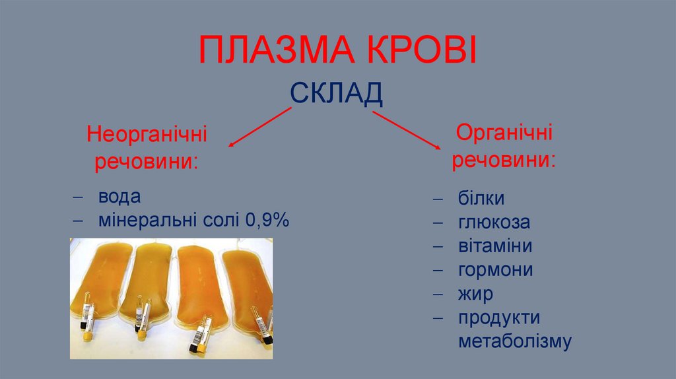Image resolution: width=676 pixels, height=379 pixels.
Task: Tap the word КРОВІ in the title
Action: (x=422, y=52)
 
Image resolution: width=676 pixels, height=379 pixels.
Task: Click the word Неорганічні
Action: (x=147, y=135)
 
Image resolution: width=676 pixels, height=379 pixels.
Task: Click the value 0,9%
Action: (x=267, y=220)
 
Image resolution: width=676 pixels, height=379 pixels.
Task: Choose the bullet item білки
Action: (x=481, y=199)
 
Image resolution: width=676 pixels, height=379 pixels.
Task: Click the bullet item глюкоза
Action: (x=494, y=223)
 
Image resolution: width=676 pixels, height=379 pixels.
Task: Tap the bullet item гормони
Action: (x=495, y=270)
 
